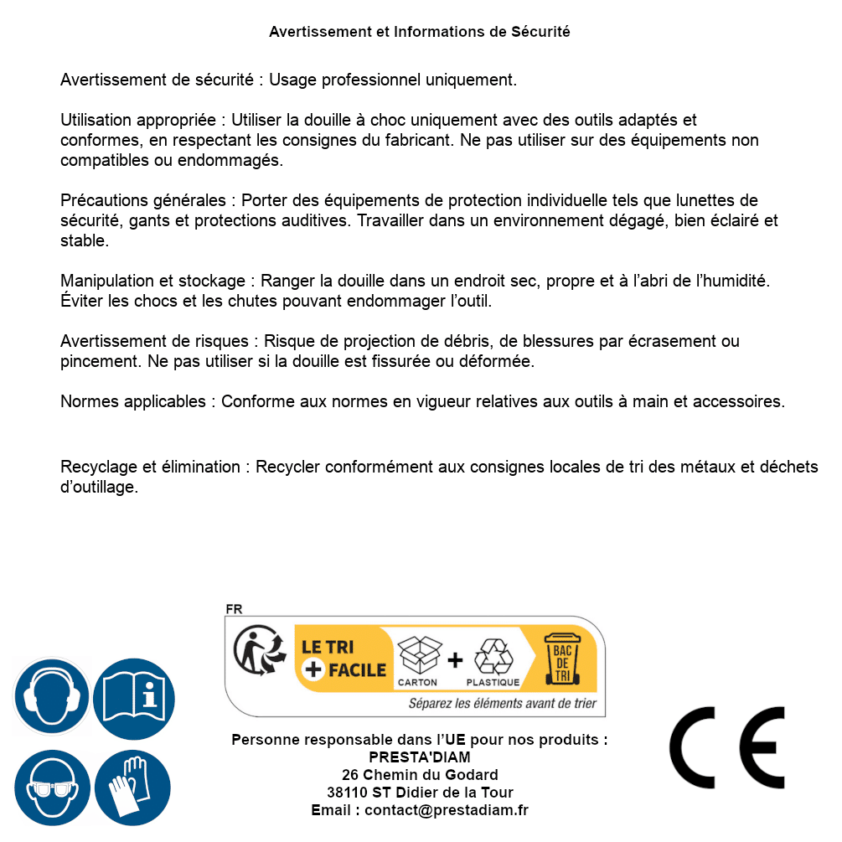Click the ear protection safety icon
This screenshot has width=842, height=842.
52,696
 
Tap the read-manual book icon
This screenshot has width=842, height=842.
134,696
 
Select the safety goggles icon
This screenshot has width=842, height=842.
52,788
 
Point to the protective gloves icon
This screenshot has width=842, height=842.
132,788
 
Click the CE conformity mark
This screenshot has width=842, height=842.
727,748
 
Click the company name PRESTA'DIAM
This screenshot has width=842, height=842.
420,757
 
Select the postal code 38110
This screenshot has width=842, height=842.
344,793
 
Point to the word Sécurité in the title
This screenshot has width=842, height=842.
540,32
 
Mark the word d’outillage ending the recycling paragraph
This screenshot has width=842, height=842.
99,488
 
